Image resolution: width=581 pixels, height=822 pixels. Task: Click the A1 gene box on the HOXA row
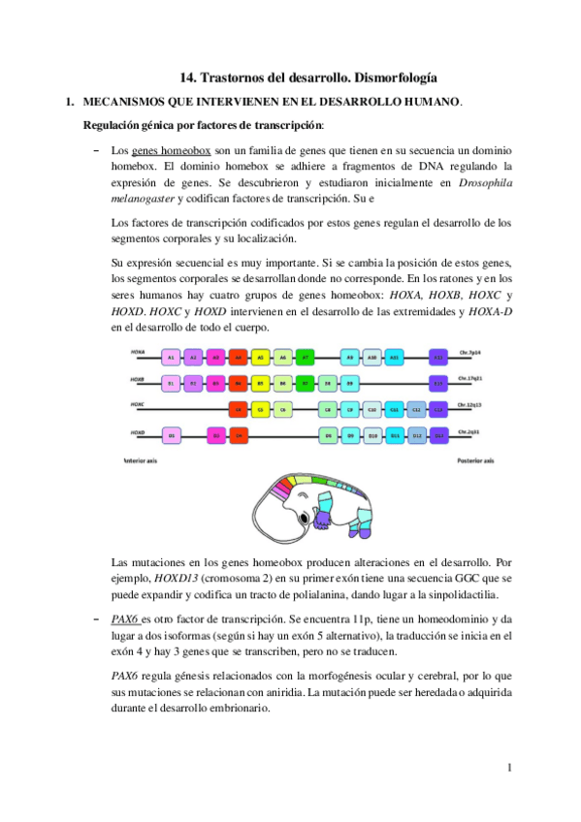coord(171,358)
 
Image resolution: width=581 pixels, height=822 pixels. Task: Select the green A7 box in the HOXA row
coord(305,358)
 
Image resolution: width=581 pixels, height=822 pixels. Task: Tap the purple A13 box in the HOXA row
coord(438,358)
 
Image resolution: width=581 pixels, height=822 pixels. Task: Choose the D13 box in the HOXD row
coord(438,436)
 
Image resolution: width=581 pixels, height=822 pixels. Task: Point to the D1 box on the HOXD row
coord(171,436)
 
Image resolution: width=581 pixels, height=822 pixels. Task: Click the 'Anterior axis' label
coord(143,461)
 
